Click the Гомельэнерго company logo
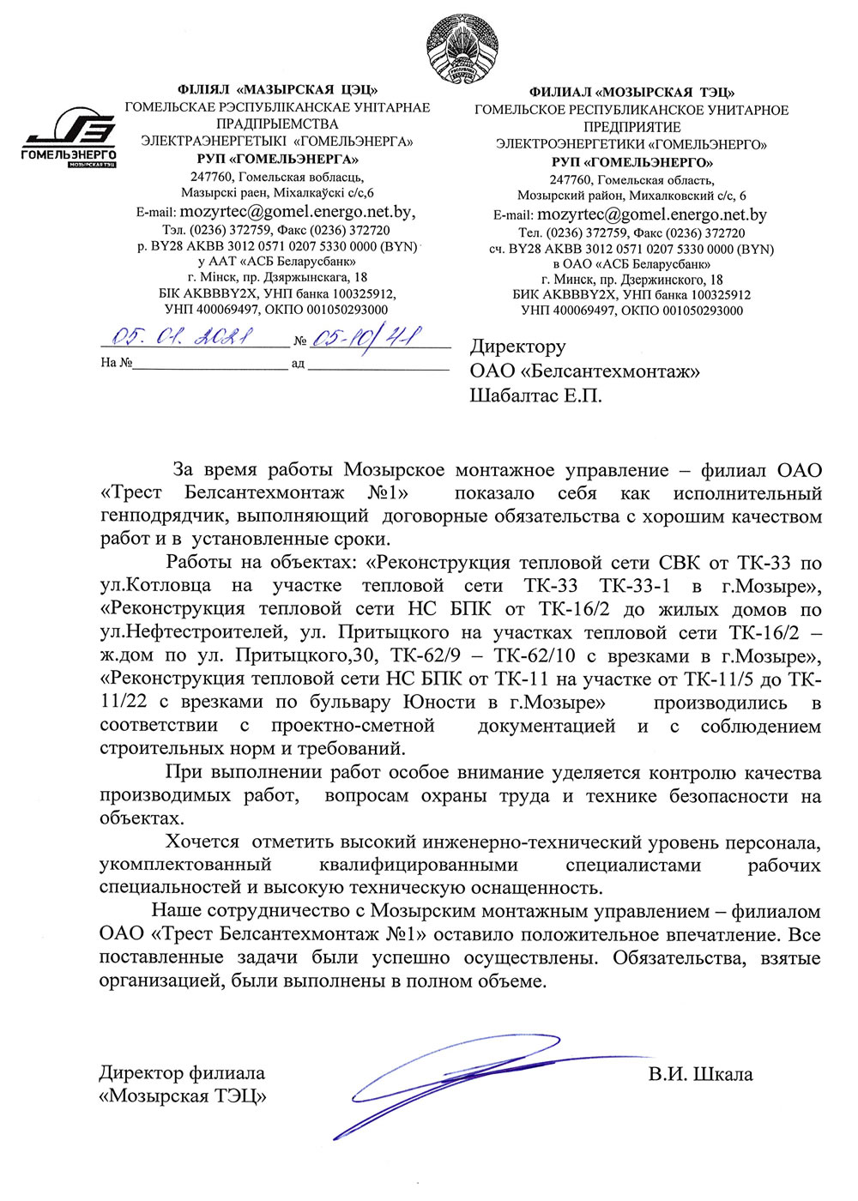[x=69, y=137]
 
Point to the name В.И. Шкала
[x=700, y=1074]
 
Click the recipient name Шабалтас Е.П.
[x=535, y=395]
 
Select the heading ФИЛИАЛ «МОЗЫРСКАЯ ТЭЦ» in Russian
[x=631, y=92]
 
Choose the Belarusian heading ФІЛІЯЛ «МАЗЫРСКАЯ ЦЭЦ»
[x=277, y=89]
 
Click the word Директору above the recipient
[x=517, y=347]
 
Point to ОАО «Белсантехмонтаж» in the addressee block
[x=584, y=371]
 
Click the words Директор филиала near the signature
[x=182, y=1073]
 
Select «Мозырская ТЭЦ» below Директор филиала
[x=183, y=1096]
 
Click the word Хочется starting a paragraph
[x=202, y=842]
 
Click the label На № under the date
[x=116, y=362]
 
